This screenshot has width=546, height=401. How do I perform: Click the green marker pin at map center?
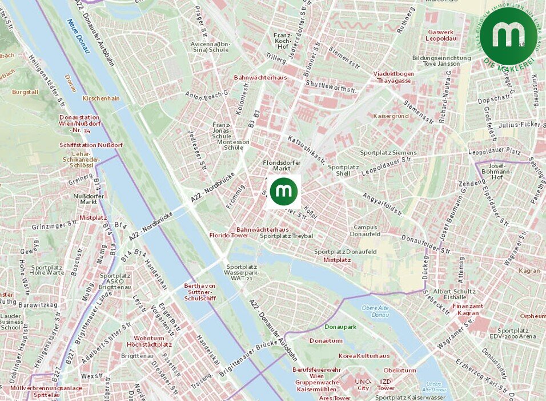(284, 191)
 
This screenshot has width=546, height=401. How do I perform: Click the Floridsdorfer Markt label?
(282, 165)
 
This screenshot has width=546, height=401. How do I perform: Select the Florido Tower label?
(228, 235)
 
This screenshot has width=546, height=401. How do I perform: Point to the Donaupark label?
(340, 327)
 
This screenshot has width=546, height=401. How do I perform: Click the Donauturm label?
(326, 340)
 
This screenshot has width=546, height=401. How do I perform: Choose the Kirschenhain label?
(101, 98)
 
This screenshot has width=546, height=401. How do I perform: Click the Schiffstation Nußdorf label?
(91, 145)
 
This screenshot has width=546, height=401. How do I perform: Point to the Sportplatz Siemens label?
(388, 153)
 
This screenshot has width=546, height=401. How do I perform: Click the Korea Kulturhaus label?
(364, 356)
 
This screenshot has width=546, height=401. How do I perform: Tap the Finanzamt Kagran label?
(468, 309)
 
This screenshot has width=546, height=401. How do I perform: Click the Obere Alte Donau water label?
(375, 311)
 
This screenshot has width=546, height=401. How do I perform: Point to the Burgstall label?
(26, 91)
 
